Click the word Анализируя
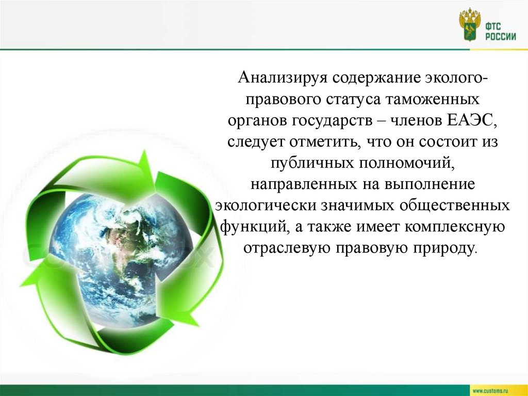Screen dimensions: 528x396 point(283,78)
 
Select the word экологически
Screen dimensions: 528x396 point(267,205)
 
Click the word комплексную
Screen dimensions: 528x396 point(453,227)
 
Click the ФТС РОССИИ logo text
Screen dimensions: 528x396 point(500,31)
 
